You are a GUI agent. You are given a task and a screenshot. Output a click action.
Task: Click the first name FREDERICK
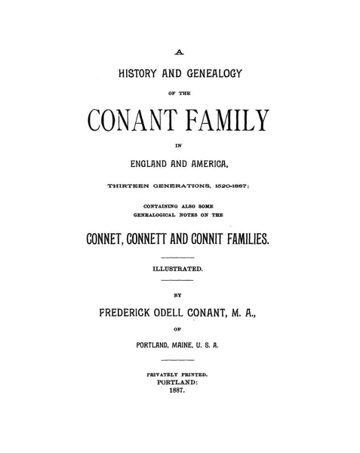pyautogui.click(x=128, y=311)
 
